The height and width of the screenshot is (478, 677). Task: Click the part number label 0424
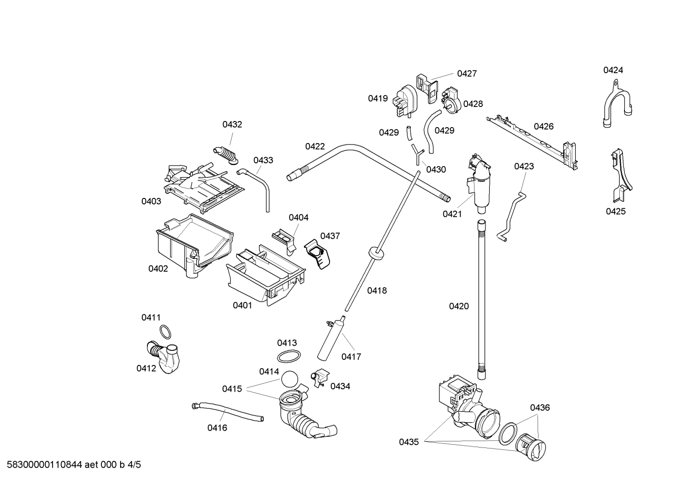click(613, 70)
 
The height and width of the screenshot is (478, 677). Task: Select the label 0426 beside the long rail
click(543, 126)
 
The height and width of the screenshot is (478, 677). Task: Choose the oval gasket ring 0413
click(287, 357)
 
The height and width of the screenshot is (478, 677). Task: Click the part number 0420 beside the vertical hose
click(458, 306)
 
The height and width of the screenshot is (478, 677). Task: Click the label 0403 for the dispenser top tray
click(151, 201)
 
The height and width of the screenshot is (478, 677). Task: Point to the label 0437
click(330, 236)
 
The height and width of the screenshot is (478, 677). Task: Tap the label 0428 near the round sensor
click(473, 104)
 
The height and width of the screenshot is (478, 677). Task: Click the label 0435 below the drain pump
click(409, 441)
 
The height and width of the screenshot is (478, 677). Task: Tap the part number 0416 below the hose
click(217, 427)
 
